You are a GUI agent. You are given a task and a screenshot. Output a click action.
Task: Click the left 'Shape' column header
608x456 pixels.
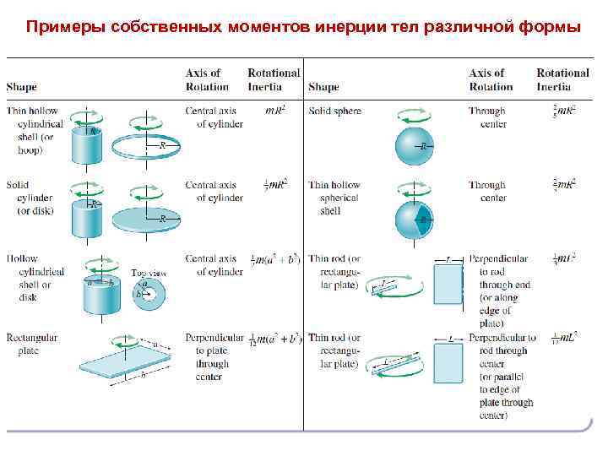21,87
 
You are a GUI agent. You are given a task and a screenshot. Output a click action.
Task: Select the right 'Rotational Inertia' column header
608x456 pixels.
562,80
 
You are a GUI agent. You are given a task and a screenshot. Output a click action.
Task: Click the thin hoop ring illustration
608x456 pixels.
149,145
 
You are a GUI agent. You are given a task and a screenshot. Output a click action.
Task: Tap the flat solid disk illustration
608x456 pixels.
149,219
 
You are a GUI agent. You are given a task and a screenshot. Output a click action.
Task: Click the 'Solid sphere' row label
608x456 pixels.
334,111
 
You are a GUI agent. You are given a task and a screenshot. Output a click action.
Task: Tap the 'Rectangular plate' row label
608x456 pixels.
31,344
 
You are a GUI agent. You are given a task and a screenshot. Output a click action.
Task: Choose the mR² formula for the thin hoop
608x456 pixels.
274,111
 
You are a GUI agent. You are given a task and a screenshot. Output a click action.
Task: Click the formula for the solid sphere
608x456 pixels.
564,111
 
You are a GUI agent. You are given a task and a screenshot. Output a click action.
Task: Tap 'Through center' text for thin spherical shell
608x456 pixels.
487,191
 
